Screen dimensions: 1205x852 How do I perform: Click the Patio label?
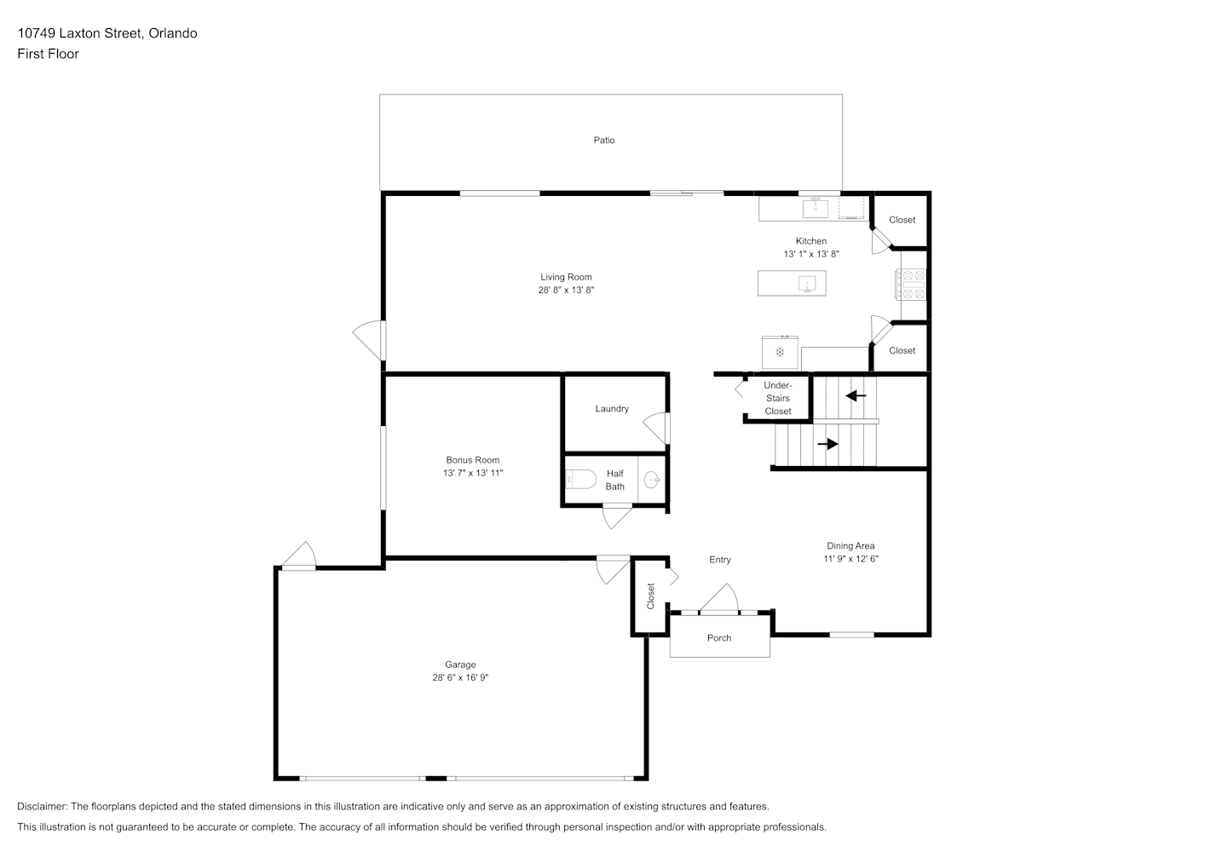click(x=603, y=140)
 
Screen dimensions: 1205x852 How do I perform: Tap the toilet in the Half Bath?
click(x=580, y=479)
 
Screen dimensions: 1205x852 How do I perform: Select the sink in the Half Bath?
click(x=652, y=479)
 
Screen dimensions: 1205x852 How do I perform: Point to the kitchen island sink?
click(x=806, y=284)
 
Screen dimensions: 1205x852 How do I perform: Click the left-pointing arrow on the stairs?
click(x=856, y=396)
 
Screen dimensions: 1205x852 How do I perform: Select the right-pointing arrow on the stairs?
click(x=827, y=444)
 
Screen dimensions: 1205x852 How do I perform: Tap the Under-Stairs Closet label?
click(x=778, y=398)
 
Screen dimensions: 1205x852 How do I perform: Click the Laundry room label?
click(x=612, y=409)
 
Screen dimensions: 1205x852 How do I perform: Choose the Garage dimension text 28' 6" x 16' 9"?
click(x=460, y=677)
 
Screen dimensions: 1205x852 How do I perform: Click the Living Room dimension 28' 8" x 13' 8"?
click(x=566, y=290)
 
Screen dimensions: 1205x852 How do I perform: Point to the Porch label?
click(x=718, y=638)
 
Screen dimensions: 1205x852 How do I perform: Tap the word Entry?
click(x=720, y=560)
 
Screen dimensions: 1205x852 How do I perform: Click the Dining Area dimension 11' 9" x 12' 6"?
click(x=850, y=559)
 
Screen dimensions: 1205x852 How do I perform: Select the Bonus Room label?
click(x=472, y=460)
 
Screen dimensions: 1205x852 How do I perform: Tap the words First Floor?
click(x=48, y=54)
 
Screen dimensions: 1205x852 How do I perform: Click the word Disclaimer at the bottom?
click(x=43, y=806)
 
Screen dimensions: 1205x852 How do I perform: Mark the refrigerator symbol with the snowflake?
click(x=780, y=352)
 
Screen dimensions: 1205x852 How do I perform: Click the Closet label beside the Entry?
click(x=650, y=596)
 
